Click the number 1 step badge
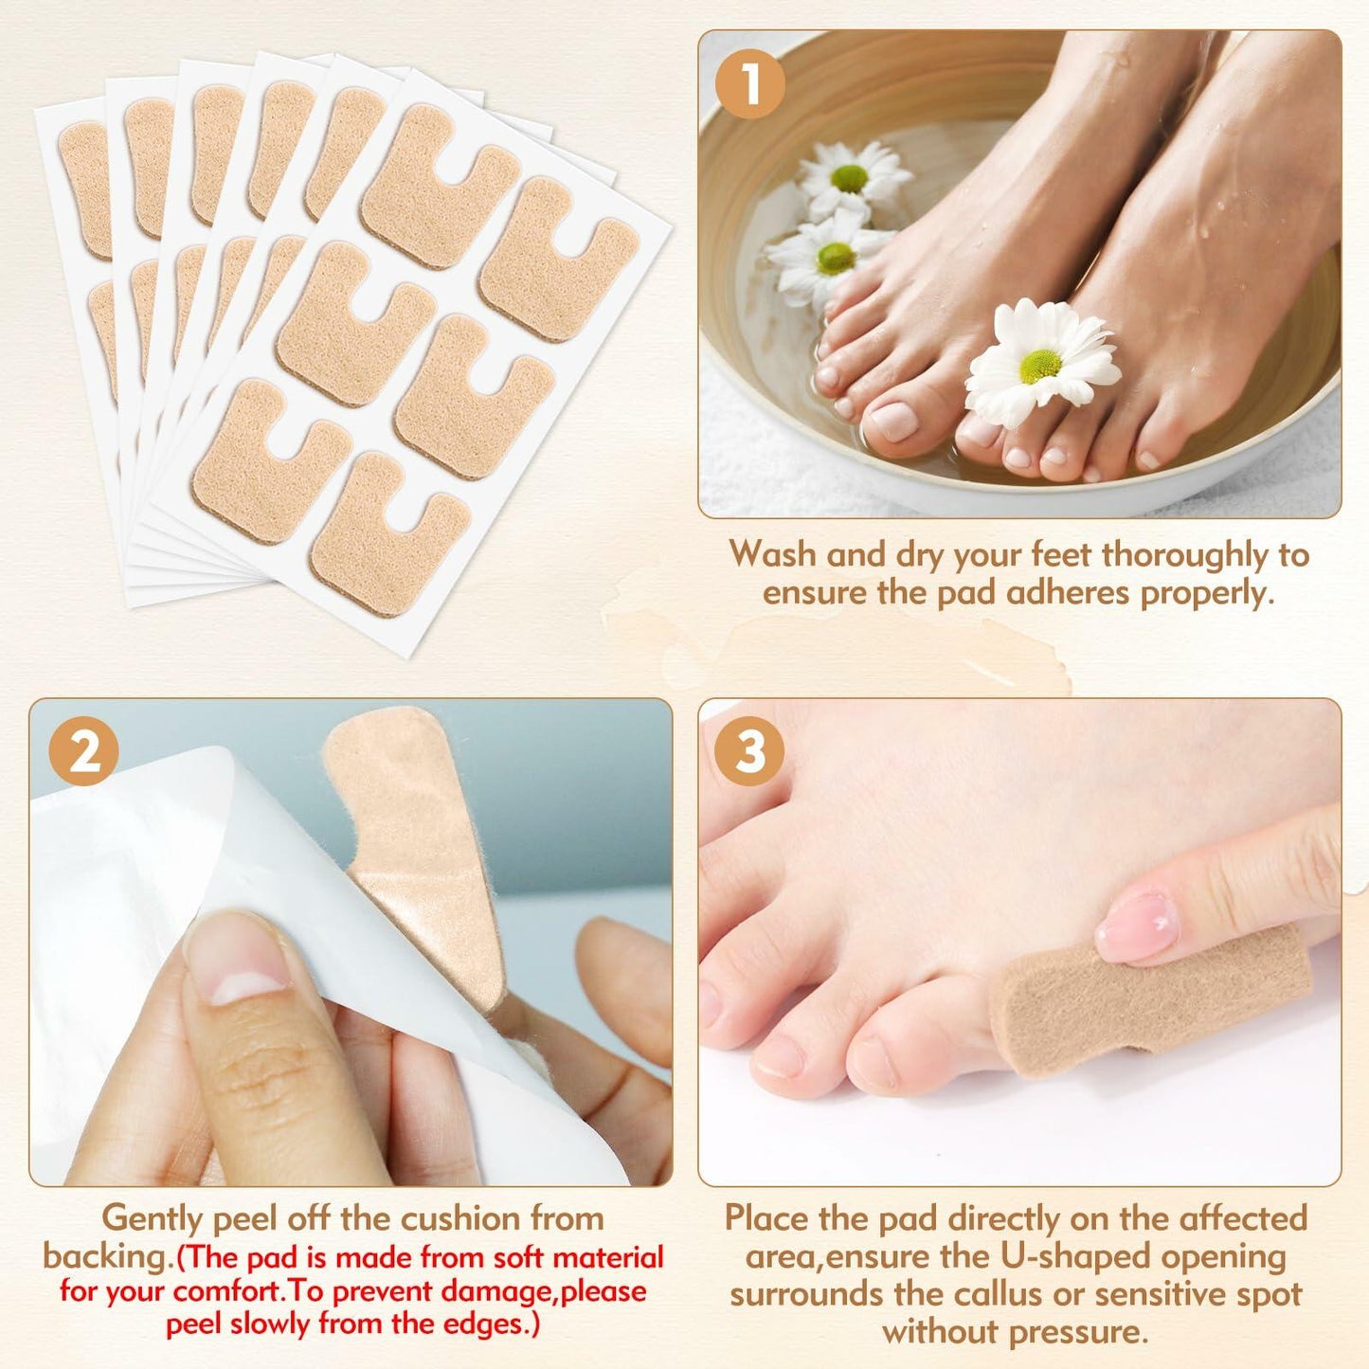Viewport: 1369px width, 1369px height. point(749,84)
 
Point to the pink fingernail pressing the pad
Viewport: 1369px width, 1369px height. point(1137,926)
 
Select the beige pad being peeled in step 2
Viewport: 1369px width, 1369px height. point(417,834)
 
